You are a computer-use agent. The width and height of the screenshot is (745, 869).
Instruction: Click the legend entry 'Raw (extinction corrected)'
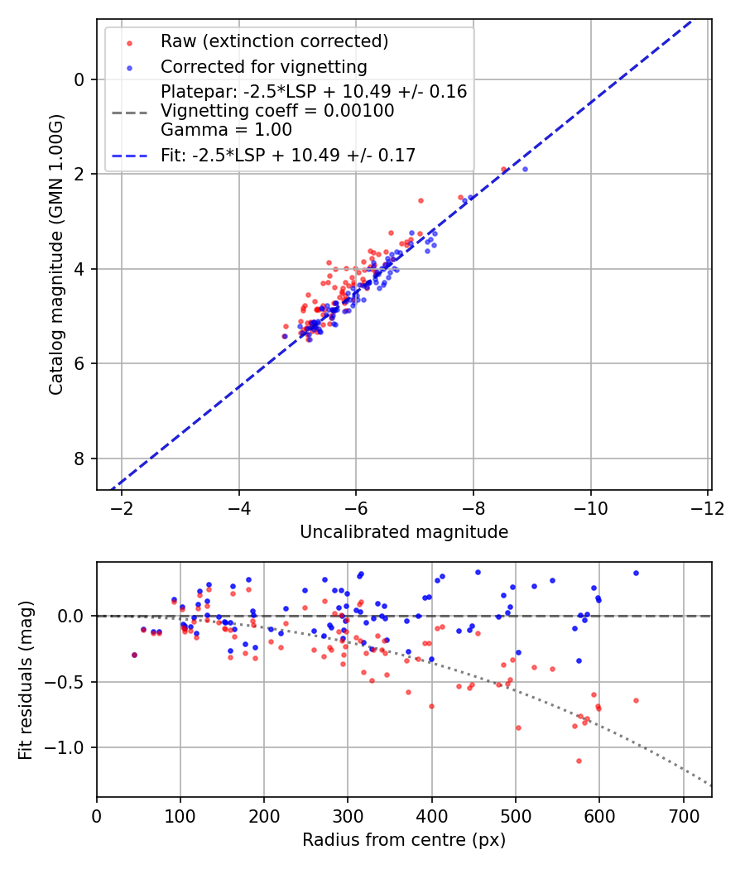(x=274, y=41)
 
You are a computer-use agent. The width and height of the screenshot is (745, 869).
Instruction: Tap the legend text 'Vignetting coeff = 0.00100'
(x=277, y=111)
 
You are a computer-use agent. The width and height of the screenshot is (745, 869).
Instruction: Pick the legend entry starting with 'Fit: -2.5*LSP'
(x=288, y=155)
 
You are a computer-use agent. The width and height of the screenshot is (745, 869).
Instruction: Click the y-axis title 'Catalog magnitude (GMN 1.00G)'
(x=56, y=255)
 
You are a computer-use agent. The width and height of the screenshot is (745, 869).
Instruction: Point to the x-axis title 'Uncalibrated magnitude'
(x=404, y=531)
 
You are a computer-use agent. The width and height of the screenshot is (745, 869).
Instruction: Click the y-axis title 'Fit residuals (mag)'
(x=26, y=680)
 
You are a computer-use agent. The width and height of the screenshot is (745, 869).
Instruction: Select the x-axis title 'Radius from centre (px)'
(x=404, y=840)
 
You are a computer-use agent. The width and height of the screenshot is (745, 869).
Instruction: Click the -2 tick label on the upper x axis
(x=122, y=507)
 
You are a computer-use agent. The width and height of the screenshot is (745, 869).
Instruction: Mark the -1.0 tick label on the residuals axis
(x=67, y=747)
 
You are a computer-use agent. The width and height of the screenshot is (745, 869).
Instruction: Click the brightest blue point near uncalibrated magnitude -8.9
(x=525, y=169)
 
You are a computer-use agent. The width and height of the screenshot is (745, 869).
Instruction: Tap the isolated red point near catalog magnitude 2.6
(x=421, y=200)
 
